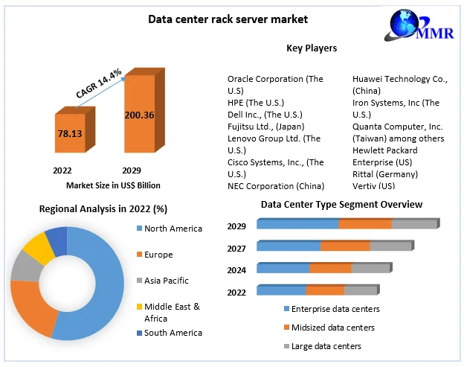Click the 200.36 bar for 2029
[140, 115]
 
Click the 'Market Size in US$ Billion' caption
[113, 185]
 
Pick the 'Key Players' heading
[312, 48]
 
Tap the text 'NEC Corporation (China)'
[275, 186]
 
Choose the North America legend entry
[172, 229]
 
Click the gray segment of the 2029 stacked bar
[413, 224]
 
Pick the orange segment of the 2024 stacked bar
[330, 268]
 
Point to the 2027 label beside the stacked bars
[236, 249]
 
